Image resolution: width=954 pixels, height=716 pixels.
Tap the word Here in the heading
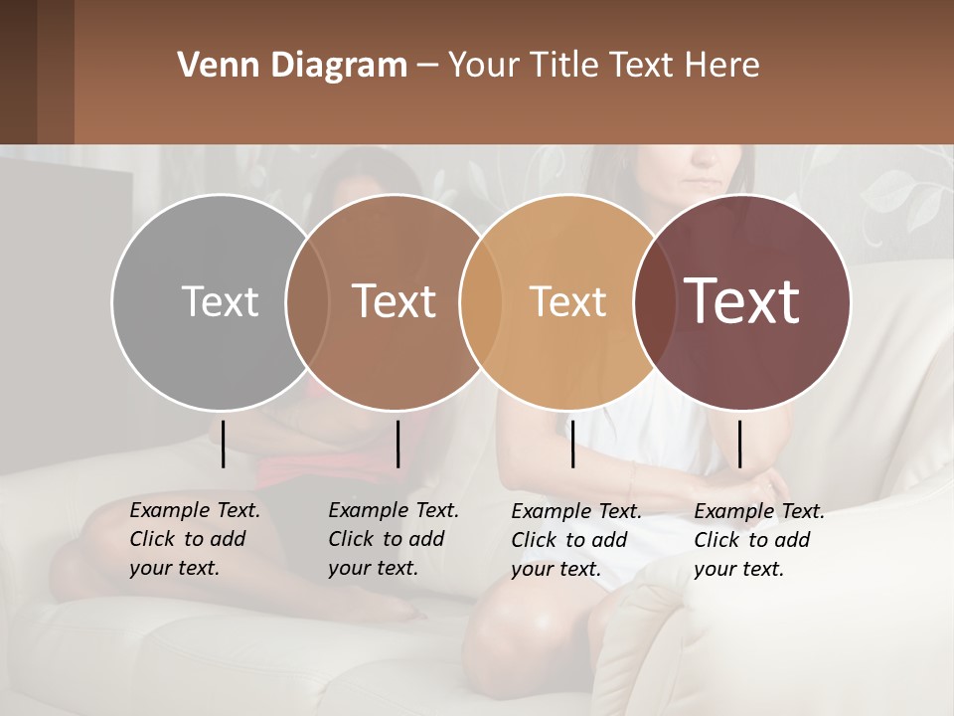[722, 66]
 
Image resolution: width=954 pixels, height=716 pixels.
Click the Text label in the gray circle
[220, 301]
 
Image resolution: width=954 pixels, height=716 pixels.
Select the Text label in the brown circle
[394, 301]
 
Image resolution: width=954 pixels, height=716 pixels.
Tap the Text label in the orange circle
[567, 301]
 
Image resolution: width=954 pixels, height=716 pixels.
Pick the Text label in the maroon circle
[742, 301]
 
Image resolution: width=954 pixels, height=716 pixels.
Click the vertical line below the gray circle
[224, 444]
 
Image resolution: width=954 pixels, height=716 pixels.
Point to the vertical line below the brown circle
[397, 444]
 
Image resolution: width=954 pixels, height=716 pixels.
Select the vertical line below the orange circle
[572, 444]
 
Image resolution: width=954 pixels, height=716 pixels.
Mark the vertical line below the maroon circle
[739, 444]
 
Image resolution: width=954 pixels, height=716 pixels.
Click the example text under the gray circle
[194, 539]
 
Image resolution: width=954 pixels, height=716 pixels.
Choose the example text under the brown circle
[393, 539]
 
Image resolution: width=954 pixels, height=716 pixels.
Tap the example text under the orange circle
[575, 540]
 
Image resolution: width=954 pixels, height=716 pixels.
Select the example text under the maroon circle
[758, 540]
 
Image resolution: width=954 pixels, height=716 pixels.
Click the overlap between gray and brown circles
[307, 301]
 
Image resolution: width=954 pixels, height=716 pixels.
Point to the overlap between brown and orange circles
[481, 301]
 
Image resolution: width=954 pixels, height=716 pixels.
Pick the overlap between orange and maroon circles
[654, 301]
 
